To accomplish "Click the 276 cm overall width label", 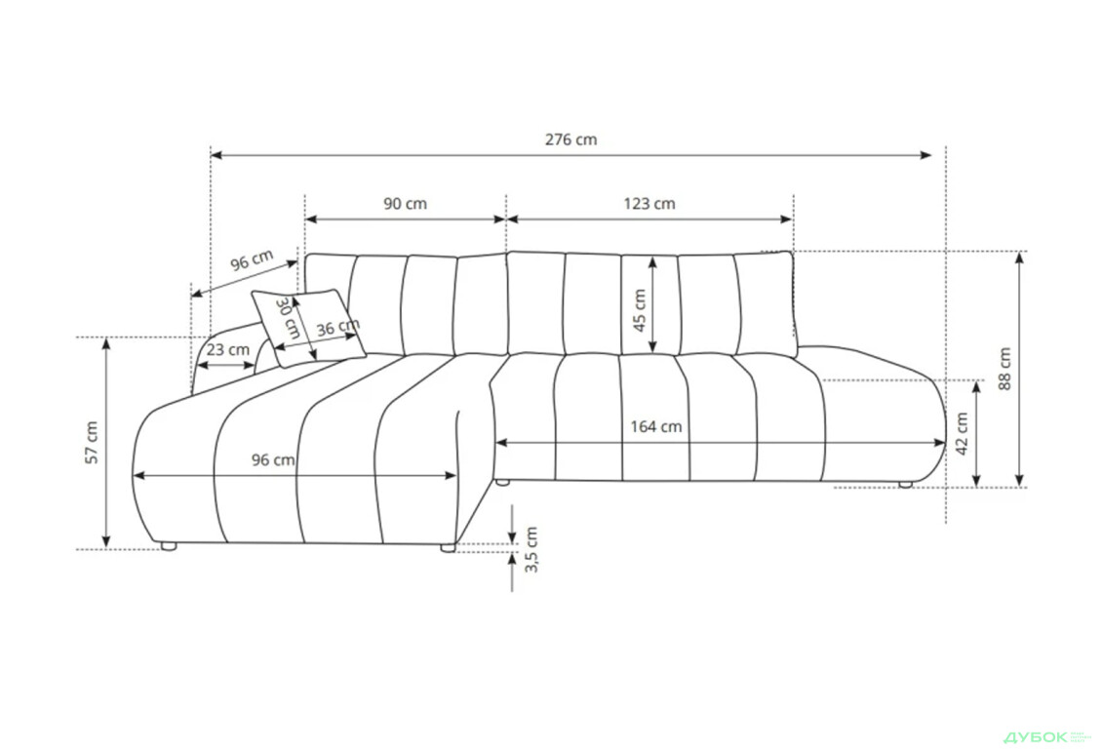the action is (x=571, y=139).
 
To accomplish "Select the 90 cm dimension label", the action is (x=405, y=204).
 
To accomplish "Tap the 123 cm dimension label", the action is (x=649, y=204).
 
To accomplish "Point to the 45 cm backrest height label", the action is (x=639, y=310).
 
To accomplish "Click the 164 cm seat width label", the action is (x=655, y=426).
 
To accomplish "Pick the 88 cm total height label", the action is (x=1004, y=368).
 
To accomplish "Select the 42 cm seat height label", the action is (x=963, y=433).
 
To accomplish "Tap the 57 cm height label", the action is (x=92, y=443).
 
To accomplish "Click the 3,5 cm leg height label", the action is (x=532, y=549).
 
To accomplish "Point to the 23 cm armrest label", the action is (x=228, y=349).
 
